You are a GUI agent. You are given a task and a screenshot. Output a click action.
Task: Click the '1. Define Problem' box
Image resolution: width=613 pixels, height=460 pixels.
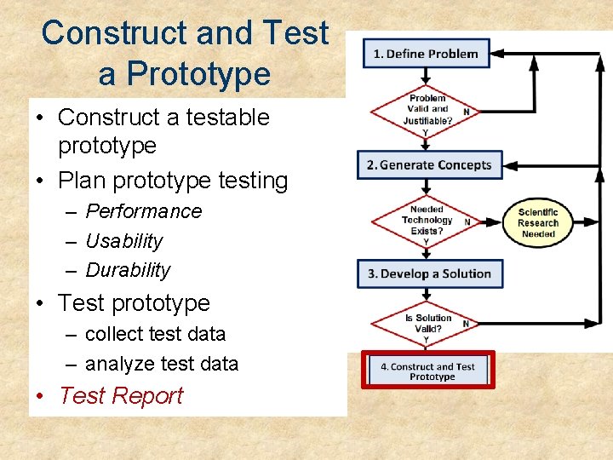[427, 53]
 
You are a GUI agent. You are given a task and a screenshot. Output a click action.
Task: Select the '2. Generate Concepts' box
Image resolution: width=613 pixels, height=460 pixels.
[429, 164]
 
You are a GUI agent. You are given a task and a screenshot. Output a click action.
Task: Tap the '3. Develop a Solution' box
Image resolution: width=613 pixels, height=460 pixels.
[429, 273]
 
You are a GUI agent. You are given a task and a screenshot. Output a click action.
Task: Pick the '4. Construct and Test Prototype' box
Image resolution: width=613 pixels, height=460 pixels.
[427, 371]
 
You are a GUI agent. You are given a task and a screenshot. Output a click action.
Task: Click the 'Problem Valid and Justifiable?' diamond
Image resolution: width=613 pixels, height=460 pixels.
[427, 109]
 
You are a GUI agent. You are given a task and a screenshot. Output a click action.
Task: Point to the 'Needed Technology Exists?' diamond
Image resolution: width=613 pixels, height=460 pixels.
[427, 220]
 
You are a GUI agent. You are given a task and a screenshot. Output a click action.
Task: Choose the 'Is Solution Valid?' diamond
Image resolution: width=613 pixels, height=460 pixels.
[427, 324]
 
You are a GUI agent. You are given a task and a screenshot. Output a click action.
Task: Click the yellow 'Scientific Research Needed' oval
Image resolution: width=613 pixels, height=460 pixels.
[537, 223]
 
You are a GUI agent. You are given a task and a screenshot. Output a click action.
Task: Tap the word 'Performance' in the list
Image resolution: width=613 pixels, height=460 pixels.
[144, 211]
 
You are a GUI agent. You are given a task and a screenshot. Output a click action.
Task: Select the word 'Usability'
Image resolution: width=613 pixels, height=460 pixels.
[123, 241]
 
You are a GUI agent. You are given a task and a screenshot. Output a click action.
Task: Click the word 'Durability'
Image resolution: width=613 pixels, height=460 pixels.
[128, 270]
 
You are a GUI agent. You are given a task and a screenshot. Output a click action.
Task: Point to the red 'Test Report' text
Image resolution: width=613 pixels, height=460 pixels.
[122, 396]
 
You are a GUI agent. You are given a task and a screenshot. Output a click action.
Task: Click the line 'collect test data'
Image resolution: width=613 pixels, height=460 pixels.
[155, 334]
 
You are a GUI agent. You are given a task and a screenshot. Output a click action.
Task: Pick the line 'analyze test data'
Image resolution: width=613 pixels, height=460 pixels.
[162, 364]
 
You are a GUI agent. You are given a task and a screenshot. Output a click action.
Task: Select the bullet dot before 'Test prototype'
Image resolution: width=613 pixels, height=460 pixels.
[44, 304]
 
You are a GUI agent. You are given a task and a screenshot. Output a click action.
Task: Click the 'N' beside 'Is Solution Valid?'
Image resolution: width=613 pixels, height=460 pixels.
[466, 324]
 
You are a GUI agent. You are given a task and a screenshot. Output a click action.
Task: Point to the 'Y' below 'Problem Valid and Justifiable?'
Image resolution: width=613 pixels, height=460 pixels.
[426, 132]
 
